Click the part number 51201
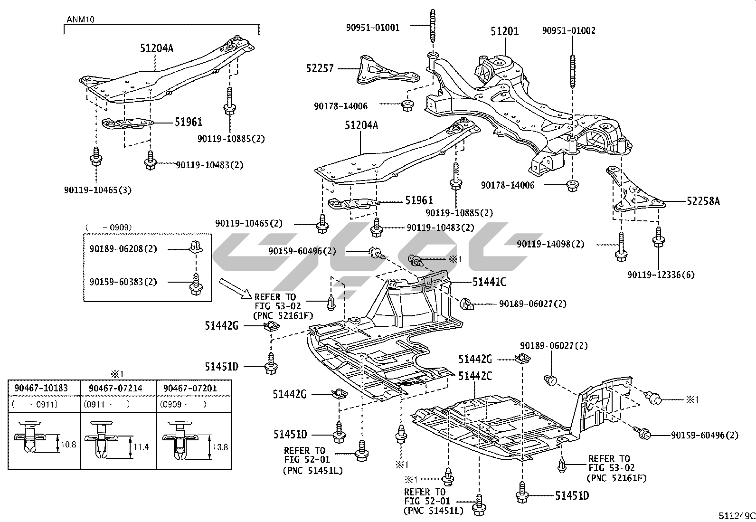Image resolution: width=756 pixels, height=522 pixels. point(504,31)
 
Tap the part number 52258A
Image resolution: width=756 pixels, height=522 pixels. point(703,201)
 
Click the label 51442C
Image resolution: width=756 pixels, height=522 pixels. point(475,376)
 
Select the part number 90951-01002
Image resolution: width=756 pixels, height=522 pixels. point(569,31)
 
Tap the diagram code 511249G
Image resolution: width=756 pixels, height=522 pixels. point(736,516)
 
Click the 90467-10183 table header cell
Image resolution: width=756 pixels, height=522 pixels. point(41,388)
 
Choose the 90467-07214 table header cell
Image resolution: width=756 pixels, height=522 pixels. point(115,388)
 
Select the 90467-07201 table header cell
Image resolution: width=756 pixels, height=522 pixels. point(190,388)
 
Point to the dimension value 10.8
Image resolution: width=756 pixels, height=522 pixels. point(69,445)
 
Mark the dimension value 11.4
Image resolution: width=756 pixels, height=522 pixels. point(142,447)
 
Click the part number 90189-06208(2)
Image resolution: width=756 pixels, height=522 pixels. point(123,249)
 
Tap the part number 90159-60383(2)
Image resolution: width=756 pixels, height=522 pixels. point(123,282)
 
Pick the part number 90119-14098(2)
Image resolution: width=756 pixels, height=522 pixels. point(551,244)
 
